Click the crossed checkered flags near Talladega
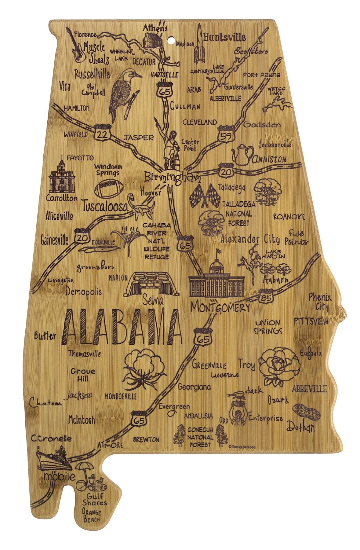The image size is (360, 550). coord(204,196)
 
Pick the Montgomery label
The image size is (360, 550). coord(220,306)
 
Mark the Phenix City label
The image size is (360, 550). coord(319,301)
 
